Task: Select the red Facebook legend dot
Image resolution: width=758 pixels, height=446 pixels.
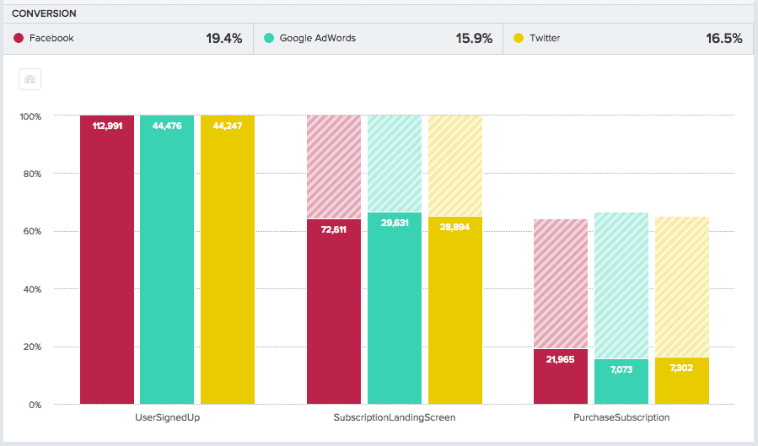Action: pos(19,38)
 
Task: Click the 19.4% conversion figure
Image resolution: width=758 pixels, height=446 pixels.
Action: pos(223,38)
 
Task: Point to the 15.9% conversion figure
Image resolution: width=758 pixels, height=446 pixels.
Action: pos(474,38)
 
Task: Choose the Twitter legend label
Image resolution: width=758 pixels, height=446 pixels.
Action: pos(545,38)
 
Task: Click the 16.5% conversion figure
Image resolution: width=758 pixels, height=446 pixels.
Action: pos(724,38)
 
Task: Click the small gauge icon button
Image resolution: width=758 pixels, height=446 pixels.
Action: pos(30,80)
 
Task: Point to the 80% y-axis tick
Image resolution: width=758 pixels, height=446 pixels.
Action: pos(30,174)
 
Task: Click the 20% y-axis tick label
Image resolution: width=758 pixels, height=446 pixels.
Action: pos(30,347)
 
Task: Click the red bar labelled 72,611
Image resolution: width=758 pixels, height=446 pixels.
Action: pos(334,312)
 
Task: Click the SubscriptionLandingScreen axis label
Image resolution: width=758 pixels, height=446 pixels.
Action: pos(394,417)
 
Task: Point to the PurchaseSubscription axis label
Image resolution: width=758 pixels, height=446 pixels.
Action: pos(621,417)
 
